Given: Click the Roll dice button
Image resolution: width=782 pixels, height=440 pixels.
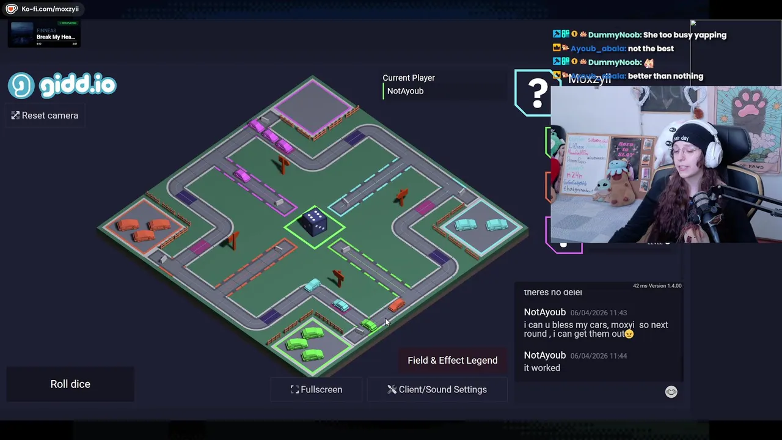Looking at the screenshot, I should pos(70,384).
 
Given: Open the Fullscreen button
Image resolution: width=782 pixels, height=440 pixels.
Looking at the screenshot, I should pos(316,389).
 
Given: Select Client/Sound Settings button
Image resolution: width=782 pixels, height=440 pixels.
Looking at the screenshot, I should pos(437,389).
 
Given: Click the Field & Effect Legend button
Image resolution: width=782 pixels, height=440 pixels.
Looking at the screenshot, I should pos(452,361).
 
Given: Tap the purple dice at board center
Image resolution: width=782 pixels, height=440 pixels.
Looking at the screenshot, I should pos(315,222).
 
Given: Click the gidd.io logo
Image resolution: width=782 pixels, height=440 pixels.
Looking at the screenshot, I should pos(62,86).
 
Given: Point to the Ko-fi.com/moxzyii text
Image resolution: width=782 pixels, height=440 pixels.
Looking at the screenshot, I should pos(50,9).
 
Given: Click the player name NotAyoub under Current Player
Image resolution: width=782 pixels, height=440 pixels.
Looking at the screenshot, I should pos(405,91).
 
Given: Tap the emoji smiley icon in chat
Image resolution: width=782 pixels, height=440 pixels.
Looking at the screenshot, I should pos(671,392).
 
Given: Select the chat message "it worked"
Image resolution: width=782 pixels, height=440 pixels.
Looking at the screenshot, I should pos(542,368).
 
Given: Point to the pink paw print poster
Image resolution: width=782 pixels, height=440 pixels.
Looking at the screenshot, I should pos(751,107).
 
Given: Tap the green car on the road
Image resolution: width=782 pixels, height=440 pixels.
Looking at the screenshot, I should pos(369,325).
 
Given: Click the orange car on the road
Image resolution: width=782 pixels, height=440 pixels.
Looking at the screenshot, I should pos(396,304).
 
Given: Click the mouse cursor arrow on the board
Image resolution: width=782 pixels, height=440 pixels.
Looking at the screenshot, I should pos(386,321).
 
